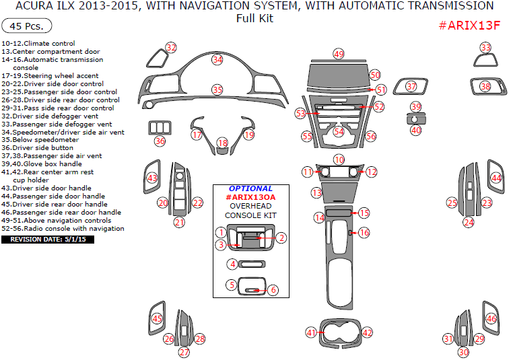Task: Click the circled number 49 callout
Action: (338, 54)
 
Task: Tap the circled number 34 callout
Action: (217, 59)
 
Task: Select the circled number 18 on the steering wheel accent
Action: (223, 143)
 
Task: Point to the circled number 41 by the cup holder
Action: (311, 332)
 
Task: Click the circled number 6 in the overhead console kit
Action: (273, 290)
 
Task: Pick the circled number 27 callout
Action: (184, 352)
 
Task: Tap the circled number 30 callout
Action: (463, 352)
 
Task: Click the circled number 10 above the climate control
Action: (339, 159)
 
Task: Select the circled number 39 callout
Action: (415, 107)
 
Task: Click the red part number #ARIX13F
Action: (469, 26)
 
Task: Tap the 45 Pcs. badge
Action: (27, 27)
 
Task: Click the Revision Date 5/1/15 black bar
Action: (47, 239)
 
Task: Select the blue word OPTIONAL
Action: (250, 188)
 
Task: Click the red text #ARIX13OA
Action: (250, 197)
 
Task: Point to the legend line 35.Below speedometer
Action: (40, 140)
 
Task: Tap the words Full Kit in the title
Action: (254, 18)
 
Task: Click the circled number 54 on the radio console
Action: (339, 132)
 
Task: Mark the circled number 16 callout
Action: (364, 233)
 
